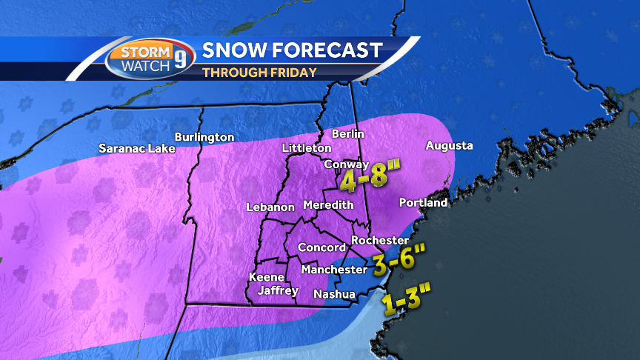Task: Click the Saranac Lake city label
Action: click(x=137, y=148)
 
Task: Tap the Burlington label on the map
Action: click(x=204, y=137)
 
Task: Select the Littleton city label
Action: click(x=307, y=148)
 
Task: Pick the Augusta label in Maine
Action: click(x=449, y=146)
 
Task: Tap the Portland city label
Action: click(x=423, y=202)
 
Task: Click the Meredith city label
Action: click(x=327, y=205)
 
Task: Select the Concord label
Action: click(x=321, y=247)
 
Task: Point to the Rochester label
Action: click(x=380, y=240)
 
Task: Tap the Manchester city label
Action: click(x=334, y=270)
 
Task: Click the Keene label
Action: click(x=266, y=277)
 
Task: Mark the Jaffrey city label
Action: click(x=278, y=291)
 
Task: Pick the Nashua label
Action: click(x=335, y=294)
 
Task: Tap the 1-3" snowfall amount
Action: click(x=405, y=301)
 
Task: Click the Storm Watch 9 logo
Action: click(x=149, y=59)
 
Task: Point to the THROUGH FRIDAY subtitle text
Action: click(x=259, y=73)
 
